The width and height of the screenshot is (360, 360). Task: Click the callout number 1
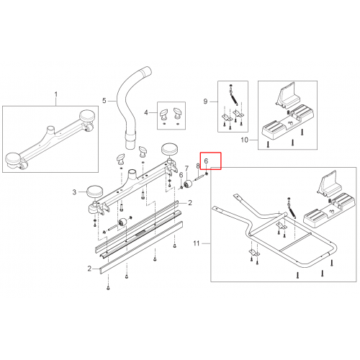56,94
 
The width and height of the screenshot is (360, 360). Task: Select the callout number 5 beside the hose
104,101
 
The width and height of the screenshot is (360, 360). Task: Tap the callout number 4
146,112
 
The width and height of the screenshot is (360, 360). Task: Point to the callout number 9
205,102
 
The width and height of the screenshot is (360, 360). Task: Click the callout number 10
244,140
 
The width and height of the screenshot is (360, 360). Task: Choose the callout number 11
197,243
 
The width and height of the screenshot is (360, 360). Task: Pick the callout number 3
74,192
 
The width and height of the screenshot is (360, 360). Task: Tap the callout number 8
198,166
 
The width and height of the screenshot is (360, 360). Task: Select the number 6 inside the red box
206,161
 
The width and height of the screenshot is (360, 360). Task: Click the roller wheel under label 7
188,184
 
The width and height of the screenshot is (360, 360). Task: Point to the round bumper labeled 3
94,192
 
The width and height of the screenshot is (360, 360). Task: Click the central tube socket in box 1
51,131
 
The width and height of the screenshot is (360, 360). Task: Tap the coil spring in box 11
292,210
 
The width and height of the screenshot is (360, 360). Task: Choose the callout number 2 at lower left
89,269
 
